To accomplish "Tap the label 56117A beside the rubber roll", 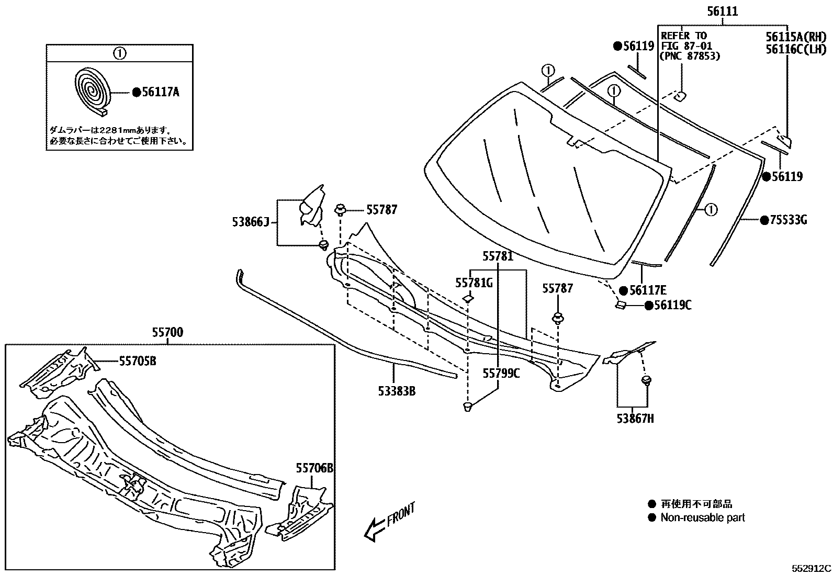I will click(x=161, y=93).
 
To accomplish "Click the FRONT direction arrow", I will click(x=390, y=522).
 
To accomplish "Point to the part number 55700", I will click(x=167, y=332).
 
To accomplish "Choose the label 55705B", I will click(x=138, y=360).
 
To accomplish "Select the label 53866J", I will click(x=250, y=222).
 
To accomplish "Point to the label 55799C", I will click(x=501, y=373).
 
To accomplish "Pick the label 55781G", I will click(x=474, y=283).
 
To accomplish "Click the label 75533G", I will click(x=788, y=220).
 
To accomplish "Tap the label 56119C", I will click(x=672, y=305).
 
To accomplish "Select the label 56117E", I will click(x=648, y=290).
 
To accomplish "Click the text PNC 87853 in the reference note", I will click(x=690, y=56).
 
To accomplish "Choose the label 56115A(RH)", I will click(x=795, y=37).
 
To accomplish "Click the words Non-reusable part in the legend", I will click(x=702, y=518).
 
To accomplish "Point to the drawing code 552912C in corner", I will click(x=811, y=568).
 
